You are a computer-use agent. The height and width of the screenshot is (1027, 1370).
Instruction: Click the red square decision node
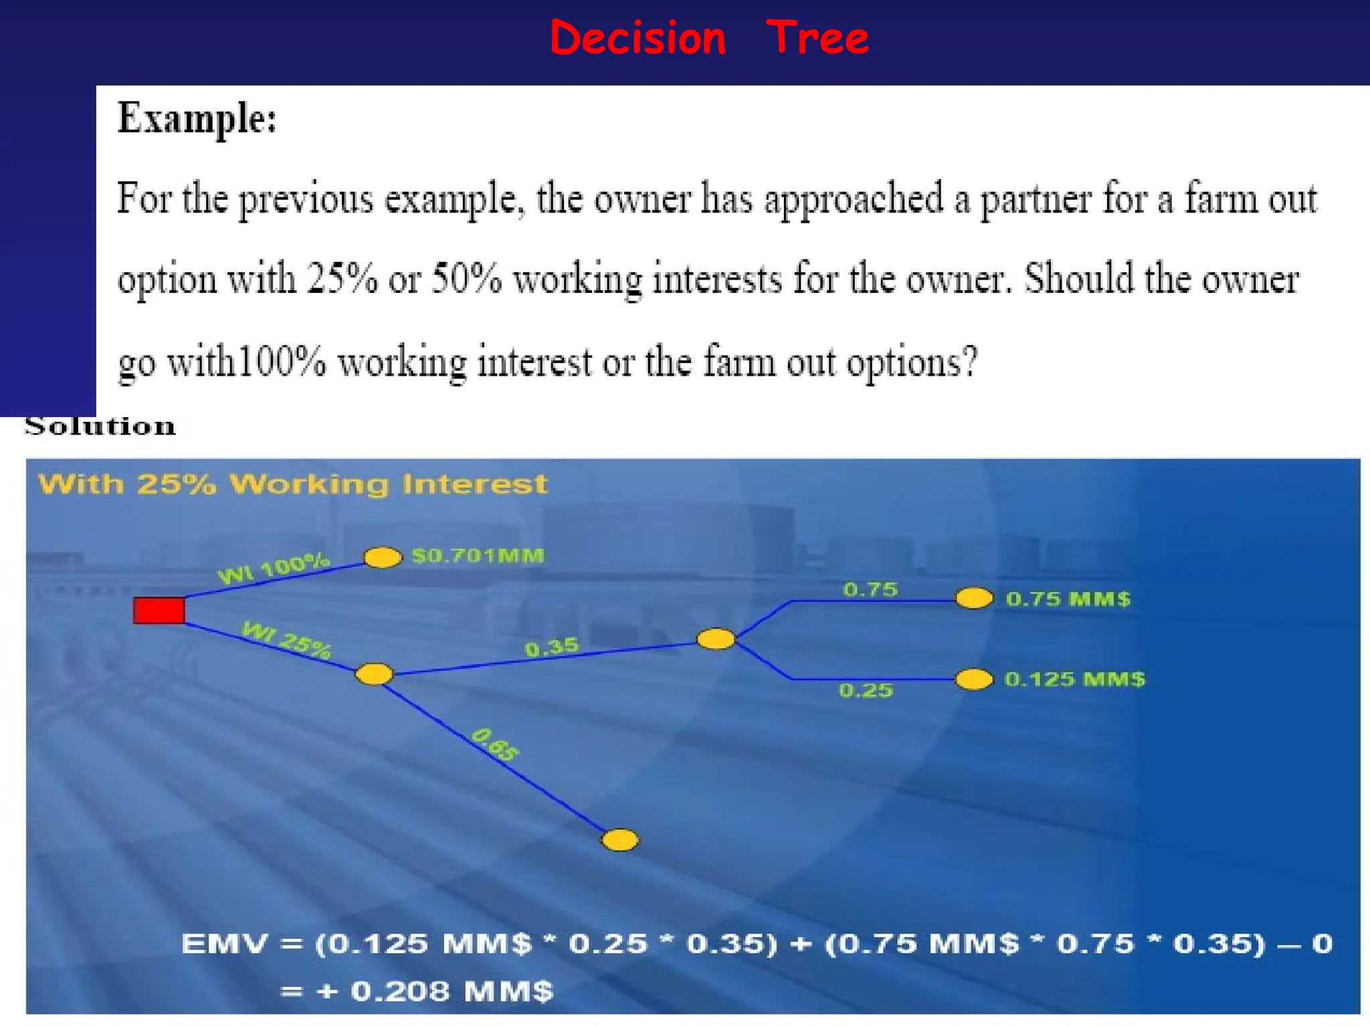159,610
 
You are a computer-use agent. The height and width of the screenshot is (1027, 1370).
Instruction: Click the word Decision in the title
638,38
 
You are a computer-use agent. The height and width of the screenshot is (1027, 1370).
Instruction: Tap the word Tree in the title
817,38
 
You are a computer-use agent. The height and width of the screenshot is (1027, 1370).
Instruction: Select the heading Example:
197,118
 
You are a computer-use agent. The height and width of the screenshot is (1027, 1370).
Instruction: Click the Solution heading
100,426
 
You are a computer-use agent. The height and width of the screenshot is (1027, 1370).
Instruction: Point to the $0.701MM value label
478,556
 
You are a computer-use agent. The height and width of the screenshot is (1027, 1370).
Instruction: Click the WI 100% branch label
274,568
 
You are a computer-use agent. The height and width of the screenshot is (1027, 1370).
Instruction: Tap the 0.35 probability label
551,647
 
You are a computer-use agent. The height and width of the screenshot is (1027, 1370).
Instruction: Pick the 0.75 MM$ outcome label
1068,598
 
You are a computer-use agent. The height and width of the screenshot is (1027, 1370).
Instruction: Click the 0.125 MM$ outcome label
1074,679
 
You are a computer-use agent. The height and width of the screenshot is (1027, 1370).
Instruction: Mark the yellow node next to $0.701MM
382,557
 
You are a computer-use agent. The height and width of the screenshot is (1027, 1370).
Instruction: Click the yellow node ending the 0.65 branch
620,840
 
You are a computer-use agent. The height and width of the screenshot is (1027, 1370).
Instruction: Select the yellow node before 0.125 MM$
973,680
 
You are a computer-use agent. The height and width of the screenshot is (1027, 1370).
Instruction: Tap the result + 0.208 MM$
435,991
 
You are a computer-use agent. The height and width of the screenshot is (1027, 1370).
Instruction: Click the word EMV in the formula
224,944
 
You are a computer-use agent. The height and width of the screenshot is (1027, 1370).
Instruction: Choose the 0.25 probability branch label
866,690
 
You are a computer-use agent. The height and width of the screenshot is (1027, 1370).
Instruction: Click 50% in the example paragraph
466,279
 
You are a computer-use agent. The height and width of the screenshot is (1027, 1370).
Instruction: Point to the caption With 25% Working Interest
292,483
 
